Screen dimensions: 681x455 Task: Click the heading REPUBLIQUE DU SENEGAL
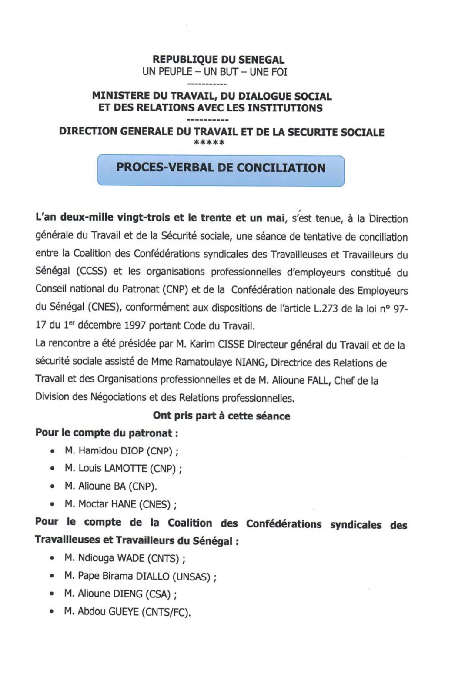[218, 60]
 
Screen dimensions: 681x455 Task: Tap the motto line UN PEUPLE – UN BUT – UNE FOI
[215, 72]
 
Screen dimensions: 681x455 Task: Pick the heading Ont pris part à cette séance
[221, 416]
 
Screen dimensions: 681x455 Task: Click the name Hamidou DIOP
[111, 451]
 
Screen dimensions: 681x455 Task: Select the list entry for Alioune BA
[110, 486]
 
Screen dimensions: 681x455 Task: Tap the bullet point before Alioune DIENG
[53, 594]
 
